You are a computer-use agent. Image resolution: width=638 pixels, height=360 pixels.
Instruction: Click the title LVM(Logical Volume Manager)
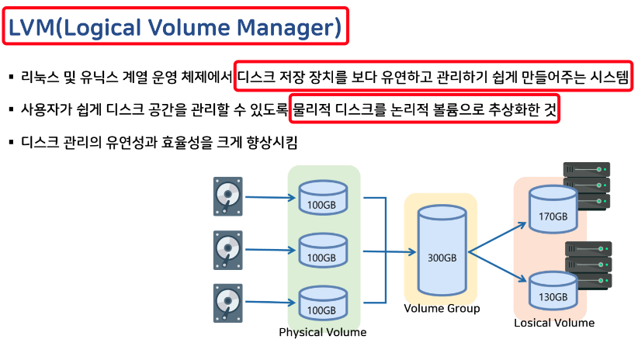175,28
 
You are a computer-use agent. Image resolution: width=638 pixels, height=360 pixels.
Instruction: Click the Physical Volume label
322,332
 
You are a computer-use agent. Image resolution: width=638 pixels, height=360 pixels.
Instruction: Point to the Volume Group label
442,308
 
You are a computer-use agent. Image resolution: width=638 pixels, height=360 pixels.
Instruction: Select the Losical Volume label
554,323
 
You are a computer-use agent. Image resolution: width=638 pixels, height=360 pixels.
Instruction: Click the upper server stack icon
588,185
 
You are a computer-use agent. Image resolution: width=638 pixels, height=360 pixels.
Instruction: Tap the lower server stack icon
588,265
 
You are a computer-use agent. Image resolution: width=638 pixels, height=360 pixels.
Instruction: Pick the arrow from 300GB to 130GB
497,268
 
